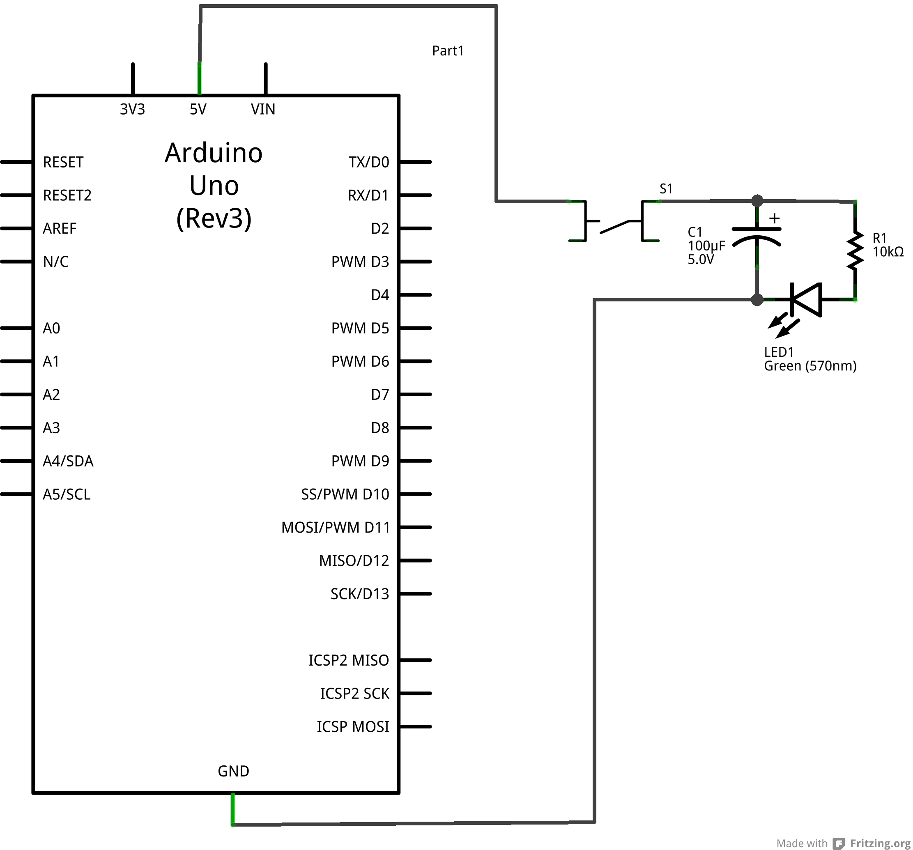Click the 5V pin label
tap(198, 109)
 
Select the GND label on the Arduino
tap(233, 771)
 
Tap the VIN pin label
tap(263, 109)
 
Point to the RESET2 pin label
tap(67, 195)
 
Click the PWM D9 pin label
tap(360, 461)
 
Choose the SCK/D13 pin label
tap(360, 594)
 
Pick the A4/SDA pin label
tap(68, 461)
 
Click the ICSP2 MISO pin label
tap(349, 660)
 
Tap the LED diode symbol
tap(805, 300)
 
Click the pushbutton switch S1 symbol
tap(614, 221)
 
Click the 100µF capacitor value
tap(706, 246)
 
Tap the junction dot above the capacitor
tap(757, 201)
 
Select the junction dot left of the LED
tap(757, 300)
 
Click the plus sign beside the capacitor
tap(774, 218)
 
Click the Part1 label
tap(448, 51)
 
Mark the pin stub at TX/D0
tap(415, 162)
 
